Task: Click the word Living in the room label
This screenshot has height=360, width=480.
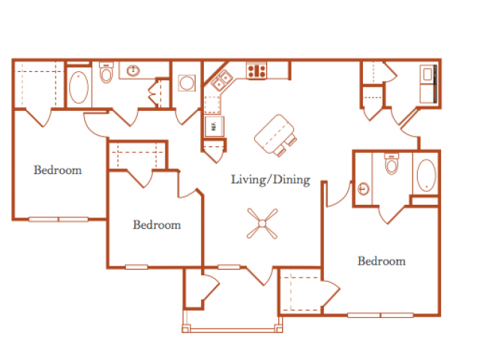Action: tap(248, 180)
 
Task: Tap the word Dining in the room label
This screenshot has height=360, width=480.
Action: tap(292, 179)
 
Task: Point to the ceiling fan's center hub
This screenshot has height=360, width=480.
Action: tap(262, 223)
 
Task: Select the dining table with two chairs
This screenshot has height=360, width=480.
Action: tap(274, 135)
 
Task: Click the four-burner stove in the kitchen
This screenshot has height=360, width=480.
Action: tap(256, 71)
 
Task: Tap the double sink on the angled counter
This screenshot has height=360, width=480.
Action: tap(222, 80)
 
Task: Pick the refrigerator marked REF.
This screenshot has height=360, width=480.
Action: tap(214, 126)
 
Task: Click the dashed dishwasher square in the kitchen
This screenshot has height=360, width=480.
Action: tap(211, 105)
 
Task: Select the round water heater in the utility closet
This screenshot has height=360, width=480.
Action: tap(187, 82)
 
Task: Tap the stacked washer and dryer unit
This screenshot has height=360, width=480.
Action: tap(428, 83)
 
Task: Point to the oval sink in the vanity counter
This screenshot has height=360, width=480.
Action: tap(133, 70)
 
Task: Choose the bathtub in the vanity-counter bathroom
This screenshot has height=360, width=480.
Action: tap(79, 87)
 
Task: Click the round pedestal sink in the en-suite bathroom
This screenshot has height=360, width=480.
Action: tap(363, 188)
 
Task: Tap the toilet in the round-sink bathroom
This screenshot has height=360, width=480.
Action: tap(391, 164)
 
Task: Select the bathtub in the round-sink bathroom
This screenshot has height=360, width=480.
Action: tap(426, 175)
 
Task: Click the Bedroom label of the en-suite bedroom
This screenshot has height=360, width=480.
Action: tap(382, 261)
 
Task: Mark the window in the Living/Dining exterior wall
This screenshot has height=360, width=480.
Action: tap(229, 267)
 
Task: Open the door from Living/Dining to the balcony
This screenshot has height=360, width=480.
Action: tap(259, 275)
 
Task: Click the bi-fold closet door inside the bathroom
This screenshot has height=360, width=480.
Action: tap(154, 93)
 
